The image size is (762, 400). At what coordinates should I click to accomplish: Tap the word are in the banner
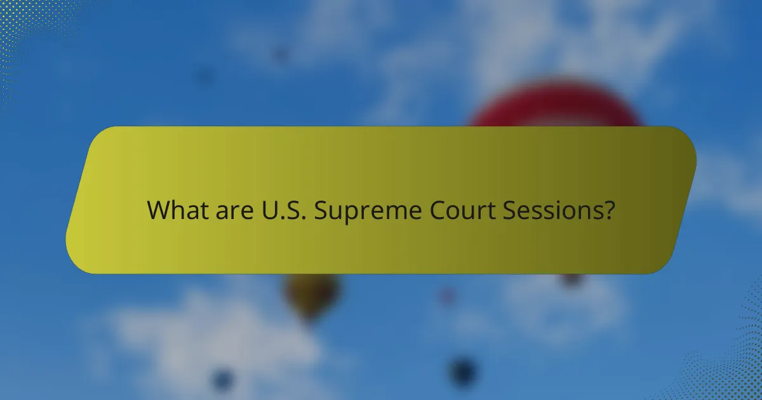pyautogui.click(x=222, y=210)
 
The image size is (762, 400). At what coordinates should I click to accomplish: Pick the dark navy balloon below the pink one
pyautogui.click(x=463, y=371)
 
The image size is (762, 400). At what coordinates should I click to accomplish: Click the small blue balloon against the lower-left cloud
pyautogui.click(x=222, y=379)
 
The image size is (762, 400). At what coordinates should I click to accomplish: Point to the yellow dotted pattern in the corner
pyautogui.click(x=25, y=25)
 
